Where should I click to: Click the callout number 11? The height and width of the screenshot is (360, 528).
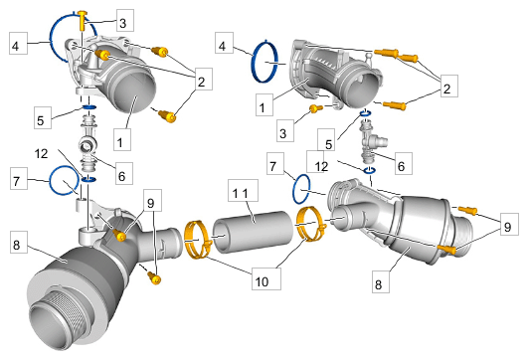(x=240, y=193)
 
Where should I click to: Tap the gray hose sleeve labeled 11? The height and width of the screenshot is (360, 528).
(x=254, y=232)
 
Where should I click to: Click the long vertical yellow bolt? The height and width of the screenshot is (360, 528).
(x=83, y=20)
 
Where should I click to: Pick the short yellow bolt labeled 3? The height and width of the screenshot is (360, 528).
(x=316, y=108)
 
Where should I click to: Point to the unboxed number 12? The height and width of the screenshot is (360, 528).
(x=42, y=154)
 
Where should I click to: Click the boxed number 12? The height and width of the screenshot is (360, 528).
(x=321, y=166)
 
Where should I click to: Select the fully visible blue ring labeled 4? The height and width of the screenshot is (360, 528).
(x=265, y=61)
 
